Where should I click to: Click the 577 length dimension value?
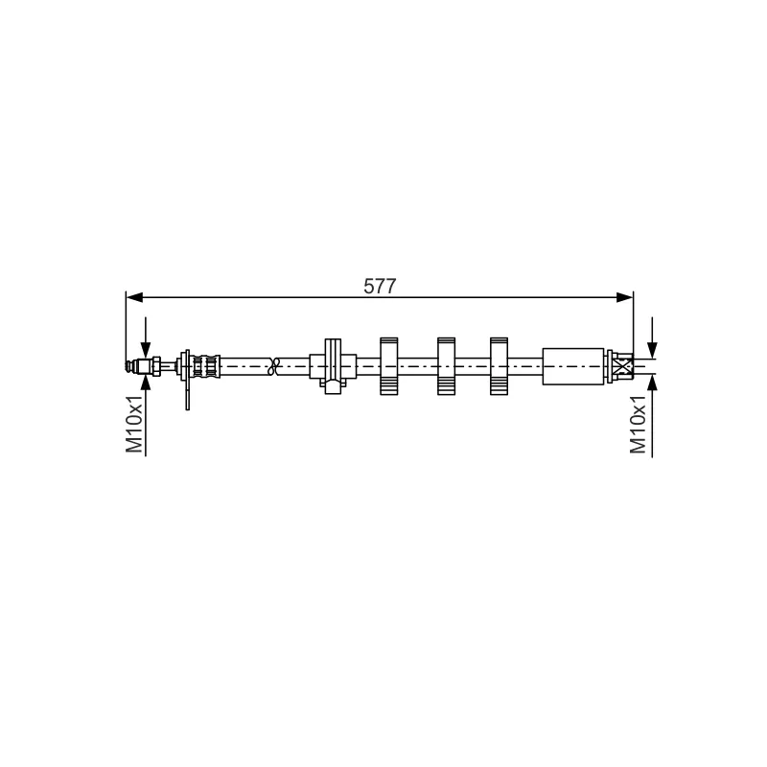(380, 286)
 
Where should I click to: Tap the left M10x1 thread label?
(134, 424)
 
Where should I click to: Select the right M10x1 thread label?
(638, 424)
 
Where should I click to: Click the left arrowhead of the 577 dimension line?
(134, 297)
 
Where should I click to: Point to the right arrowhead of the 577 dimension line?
(625, 297)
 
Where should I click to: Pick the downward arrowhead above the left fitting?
(146, 349)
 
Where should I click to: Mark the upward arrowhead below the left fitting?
(146, 383)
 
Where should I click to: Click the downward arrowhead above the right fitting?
(652, 349)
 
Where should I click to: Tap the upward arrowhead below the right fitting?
(652, 383)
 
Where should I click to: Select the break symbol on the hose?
(273, 366)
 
